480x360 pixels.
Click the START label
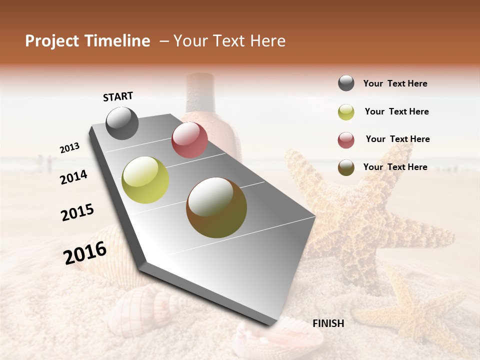click(118, 96)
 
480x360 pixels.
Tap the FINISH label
click(328, 323)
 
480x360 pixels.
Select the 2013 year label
click(69, 148)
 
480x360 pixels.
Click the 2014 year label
click(74, 177)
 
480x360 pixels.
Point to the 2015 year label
click(77, 212)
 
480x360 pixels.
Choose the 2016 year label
click(85, 253)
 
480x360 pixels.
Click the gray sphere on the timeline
click(122, 123)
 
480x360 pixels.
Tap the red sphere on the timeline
click(189, 140)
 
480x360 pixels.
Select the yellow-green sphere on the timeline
click(145, 180)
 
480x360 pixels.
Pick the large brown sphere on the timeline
click(216, 207)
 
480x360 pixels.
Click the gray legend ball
click(346, 83)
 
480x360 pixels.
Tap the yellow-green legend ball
click(346, 112)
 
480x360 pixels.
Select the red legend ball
click(346, 140)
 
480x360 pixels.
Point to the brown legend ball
click(346, 167)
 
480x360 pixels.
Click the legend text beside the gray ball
click(395, 83)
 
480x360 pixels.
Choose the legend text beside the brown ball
click(395, 167)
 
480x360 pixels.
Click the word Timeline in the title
click(117, 41)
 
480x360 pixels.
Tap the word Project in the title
click(52, 41)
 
